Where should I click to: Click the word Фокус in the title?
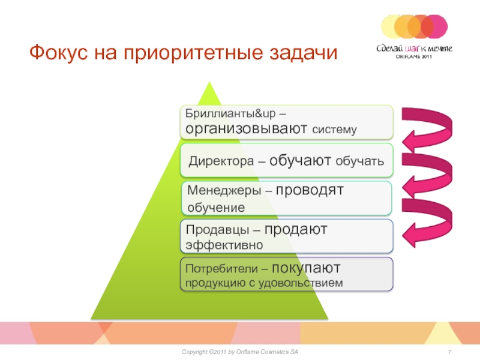pyautogui.click(x=59, y=52)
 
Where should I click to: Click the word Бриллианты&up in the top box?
pyautogui.click(x=230, y=113)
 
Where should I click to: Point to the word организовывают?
pyautogui.click(x=246, y=128)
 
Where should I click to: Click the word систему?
pyautogui.click(x=334, y=130)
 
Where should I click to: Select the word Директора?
pyautogui.click(x=221, y=161)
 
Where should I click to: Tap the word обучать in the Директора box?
pyautogui.click(x=359, y=161)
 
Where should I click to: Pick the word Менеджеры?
pyautogui.click(x=224, y=190)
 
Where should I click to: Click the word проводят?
pyautogui.click(x=310, y=190)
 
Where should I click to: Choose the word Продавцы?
pyautogui.click(x=217, y=230)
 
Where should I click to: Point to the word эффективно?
pyautogui.click(x=224, y=245)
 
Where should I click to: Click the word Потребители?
pyautogui.click(x=221, y=268)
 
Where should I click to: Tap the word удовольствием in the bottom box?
pyautogui.click(x=301, y=283)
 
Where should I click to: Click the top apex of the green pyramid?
pyautogui.click(x=209, y=82)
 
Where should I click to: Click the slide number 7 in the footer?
pyautogui.click(x=449, y=352)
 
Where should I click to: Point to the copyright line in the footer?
pyautogui.click(x=239, y=352)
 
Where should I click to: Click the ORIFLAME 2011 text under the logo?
pyautogui.click(x=413, y=56)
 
